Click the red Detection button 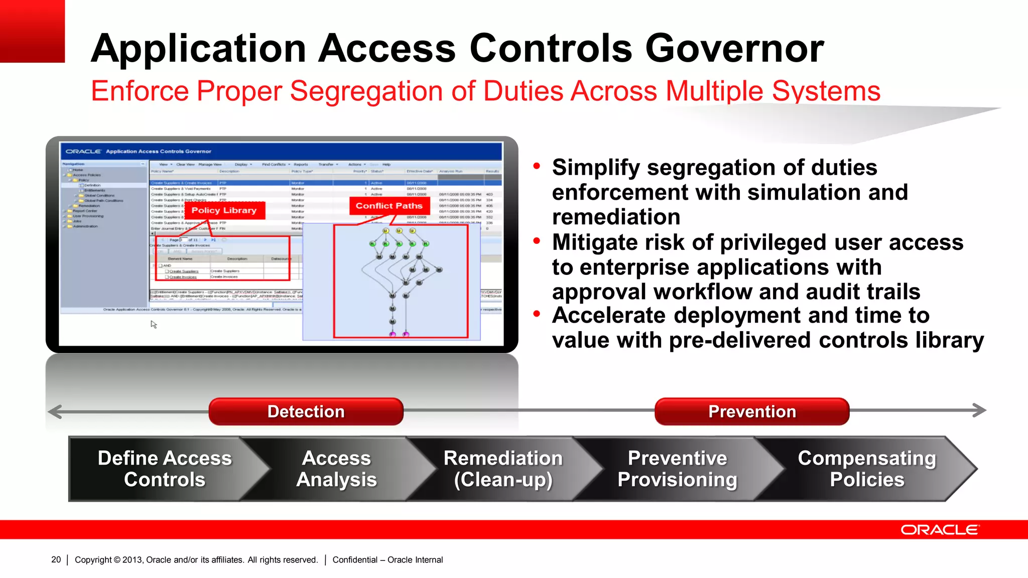coord(306,411)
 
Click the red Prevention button coord(751,411)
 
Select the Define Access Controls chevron coord(164,469)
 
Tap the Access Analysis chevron coord(336,469)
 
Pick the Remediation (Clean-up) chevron coord(503,469)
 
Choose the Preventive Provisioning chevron coord(677,469)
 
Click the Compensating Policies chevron coord(867,469)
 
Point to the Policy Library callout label coord(224,210)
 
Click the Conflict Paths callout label coord(389,206)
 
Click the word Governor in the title coord(734,48)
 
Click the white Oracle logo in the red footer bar coord(939,530)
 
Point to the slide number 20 coord(56,559)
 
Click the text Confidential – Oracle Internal coord(388,559)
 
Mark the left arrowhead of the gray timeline coord(54,411)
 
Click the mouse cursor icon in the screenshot coord(154,325)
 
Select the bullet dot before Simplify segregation coord(537,166)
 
